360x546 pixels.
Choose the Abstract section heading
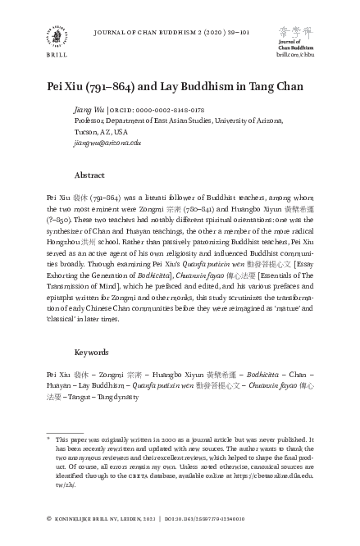(89, 175)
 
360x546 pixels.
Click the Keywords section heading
(92, 352)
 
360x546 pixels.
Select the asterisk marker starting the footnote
(49, 439)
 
